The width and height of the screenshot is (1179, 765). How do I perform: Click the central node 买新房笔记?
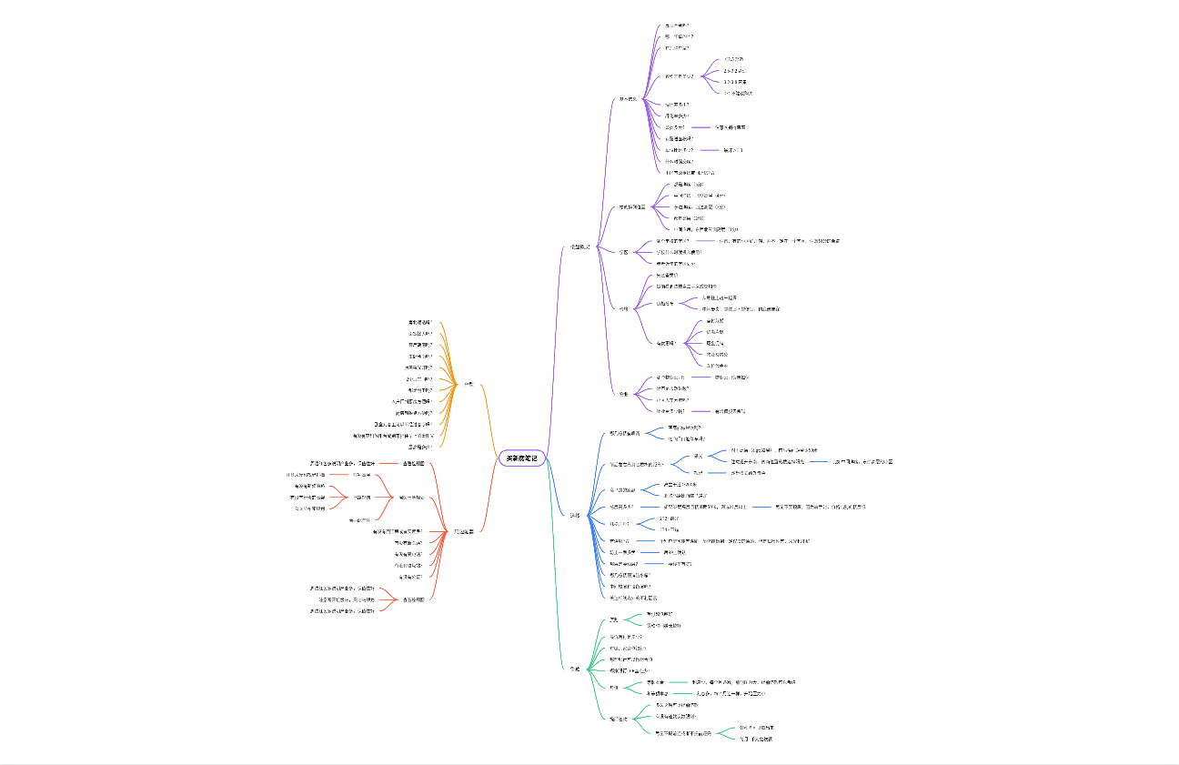[522, 458]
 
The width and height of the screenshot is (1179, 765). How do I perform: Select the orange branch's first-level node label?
[469, 385]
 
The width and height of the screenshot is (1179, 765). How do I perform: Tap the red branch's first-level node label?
[464, 531]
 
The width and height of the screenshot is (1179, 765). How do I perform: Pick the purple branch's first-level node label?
[580, 247]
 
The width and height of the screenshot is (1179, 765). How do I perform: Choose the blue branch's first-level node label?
[574, 515]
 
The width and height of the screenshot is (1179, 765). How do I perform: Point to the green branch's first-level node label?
[574, 669]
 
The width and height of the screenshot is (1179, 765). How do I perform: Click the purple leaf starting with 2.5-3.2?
[734, 70]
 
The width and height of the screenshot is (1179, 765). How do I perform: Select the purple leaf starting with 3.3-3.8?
[735, 82]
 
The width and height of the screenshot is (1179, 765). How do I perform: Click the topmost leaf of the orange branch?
[420, 322]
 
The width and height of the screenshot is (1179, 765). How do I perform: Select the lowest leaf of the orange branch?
[420, 447]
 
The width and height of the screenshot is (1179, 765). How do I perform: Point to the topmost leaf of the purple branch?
[677, 25]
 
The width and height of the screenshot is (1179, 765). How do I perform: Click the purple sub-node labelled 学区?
[623, 252]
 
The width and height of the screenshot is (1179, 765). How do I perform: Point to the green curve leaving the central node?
[553, 564]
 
